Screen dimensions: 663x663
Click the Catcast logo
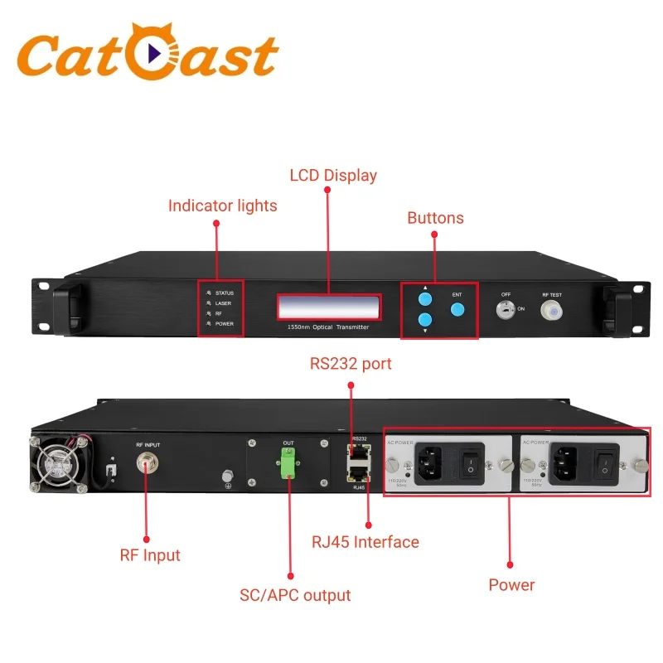pyautogui.click(x=148, y=57)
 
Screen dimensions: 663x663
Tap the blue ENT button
pyautogui.click(x=457, y=309)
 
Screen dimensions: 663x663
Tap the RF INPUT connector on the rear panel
pyautogui.click(x=148, y=467)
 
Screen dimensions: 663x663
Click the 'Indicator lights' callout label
pyautogui.click(x=222, y=206)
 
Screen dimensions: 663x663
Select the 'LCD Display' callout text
pyautogui.click(x=332, y=175)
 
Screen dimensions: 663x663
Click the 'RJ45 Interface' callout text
pyautogui.click(x=365, y=542)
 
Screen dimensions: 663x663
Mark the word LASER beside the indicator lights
pyautogui.click(x=224, y=303)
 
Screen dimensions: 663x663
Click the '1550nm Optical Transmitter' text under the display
pyautogui.click(x=327, y=327)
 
